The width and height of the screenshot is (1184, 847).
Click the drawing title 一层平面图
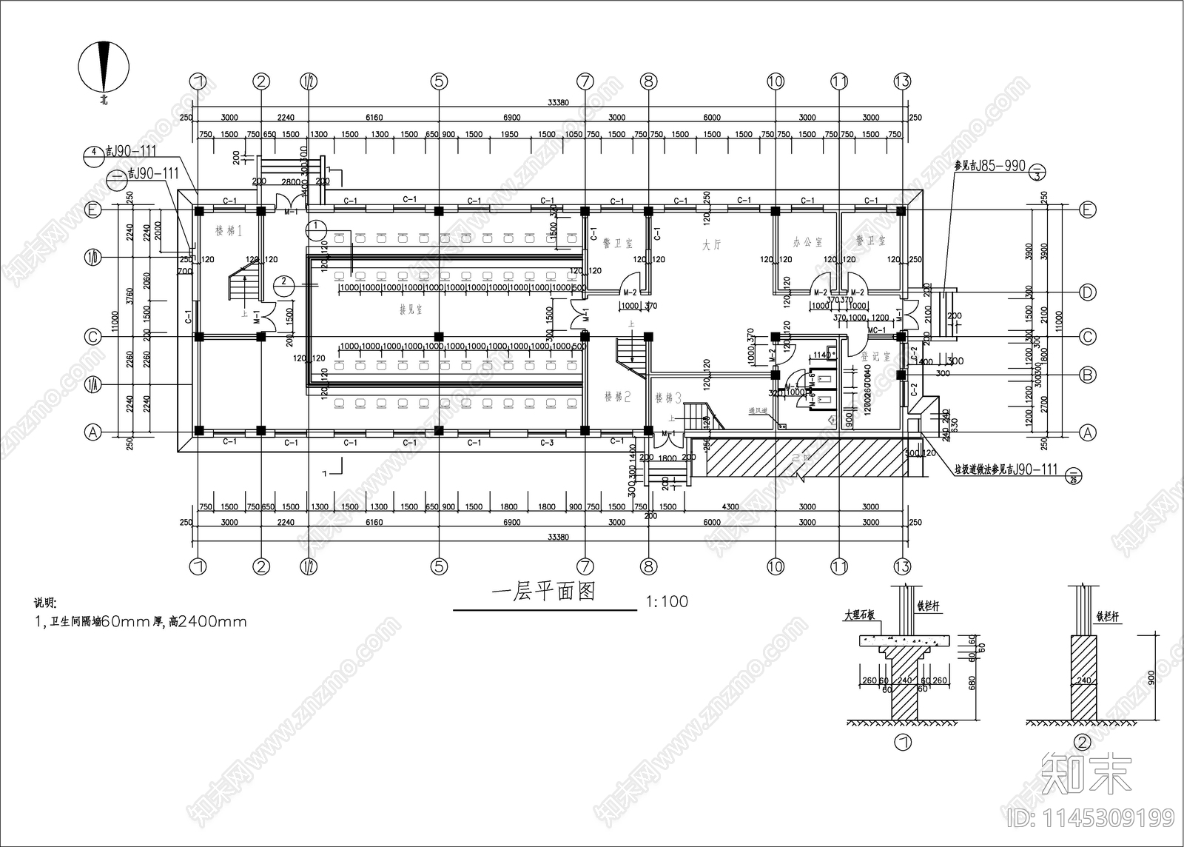point(544,593)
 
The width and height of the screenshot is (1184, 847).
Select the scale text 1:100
point(667,601)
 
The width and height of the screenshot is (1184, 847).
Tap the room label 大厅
point(711,245)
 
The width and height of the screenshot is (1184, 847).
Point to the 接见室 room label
point(411,309)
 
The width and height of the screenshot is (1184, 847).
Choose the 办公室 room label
point(807,242)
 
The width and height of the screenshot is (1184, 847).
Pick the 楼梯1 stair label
point(229,232)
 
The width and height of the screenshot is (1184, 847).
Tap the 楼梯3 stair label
point(667,398)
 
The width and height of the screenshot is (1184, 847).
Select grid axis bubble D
point(1087,292)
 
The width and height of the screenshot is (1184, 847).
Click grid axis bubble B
point(1087,375)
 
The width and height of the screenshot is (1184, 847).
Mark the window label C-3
point(547,443)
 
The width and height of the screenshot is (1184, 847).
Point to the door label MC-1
point(877,330)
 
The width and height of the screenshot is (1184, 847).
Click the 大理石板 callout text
point(859,615)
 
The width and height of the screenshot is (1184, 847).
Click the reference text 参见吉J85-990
point(989,166)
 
